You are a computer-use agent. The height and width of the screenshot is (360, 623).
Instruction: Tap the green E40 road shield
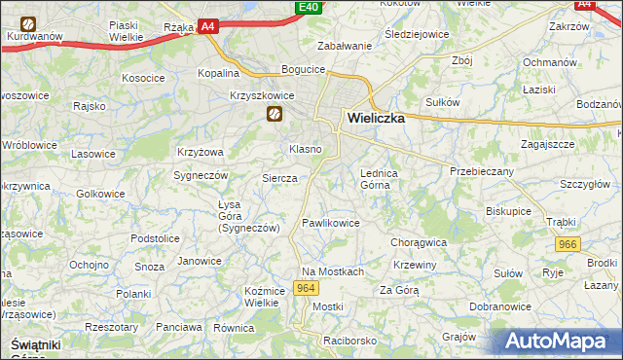click(309, 8)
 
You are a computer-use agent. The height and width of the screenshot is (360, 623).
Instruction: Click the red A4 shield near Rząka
click(208, 28)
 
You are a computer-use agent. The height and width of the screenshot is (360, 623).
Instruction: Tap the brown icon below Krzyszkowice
click(275, 116)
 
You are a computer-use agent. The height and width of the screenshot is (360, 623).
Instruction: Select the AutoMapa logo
click(559, 342)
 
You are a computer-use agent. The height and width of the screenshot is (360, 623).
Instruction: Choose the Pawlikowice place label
click(331, 223)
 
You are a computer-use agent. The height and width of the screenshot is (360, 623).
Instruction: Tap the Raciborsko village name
click(350, 342)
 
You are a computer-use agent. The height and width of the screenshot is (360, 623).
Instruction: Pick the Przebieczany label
click(481, 169)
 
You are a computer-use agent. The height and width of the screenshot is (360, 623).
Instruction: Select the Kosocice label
click(142, 77)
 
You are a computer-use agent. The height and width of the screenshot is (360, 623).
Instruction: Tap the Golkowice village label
click(100, 194)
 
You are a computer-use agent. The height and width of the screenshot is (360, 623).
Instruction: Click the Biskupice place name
click(509, 209)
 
